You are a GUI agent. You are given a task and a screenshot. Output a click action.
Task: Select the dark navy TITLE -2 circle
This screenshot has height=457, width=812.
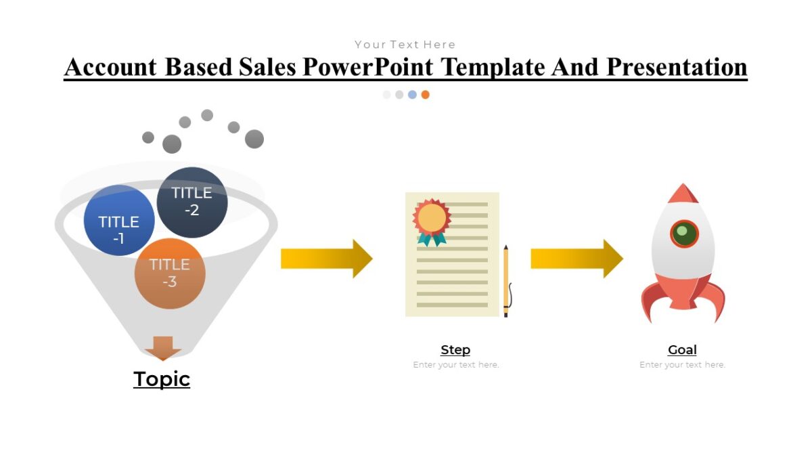[192, 202]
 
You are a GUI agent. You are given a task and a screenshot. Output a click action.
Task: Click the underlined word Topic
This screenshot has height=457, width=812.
[162, 379]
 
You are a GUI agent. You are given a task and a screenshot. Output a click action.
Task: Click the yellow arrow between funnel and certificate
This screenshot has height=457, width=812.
[326, 259]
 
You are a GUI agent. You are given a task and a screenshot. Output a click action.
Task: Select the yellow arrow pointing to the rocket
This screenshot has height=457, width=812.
[576, 259]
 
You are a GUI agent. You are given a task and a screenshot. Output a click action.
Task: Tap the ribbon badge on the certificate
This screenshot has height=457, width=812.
[432, 220]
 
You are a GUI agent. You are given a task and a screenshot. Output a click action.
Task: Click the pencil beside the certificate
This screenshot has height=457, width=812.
[505, 281]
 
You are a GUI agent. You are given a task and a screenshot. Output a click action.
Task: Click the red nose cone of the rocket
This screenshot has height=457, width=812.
[683, 194]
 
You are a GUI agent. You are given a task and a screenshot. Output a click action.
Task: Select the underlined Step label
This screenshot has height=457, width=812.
[455, 350]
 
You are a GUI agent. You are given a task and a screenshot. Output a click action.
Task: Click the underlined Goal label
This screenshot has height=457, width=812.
[682, 350]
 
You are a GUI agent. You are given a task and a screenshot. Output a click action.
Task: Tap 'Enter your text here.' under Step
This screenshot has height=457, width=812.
[456, 365]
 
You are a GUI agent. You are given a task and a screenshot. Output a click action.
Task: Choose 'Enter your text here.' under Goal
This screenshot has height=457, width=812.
[682, 365]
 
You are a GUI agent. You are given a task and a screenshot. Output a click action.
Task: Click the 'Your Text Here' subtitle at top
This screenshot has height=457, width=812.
[405, 45]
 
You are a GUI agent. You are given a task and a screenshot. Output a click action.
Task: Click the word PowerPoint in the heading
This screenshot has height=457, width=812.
[374, 67]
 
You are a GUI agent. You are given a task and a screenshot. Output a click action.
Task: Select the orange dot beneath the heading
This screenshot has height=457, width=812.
[425, 95]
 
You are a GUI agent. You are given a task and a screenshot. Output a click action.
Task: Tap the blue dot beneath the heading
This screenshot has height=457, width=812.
[412, 95]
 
